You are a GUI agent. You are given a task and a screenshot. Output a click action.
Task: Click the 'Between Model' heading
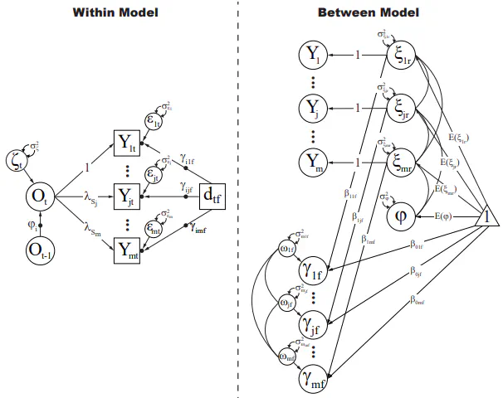368,12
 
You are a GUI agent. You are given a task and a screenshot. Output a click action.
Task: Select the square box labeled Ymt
128,246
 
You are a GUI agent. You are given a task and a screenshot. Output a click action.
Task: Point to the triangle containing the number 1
486,217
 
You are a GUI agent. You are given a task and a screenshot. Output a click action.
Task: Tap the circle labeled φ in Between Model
403,218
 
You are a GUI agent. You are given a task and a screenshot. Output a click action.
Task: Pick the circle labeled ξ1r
403,56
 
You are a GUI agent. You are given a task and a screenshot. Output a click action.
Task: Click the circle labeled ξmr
403,163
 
